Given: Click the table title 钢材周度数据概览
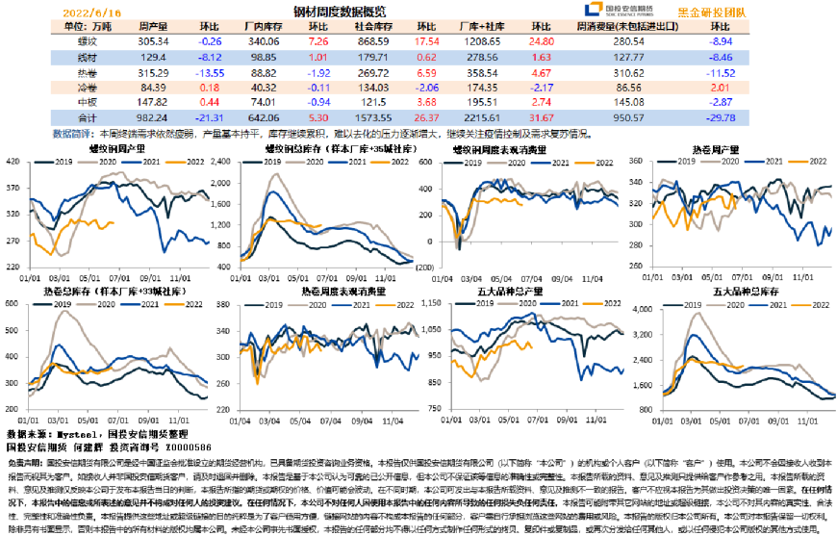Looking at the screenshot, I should (339, 12).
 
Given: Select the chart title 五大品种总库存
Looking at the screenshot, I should (739, 290).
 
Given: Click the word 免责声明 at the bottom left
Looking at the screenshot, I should (23, 460).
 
